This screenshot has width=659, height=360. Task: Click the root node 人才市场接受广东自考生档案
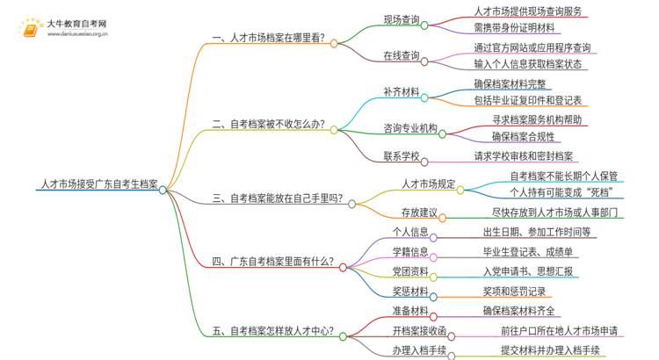[x=98, y=185]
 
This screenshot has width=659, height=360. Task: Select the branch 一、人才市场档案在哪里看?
[x=268, y=39]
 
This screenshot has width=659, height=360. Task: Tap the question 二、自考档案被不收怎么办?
[x=268, y=125]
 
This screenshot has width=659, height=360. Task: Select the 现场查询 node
[x=401, y=20]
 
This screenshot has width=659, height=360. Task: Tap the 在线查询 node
[x=401, y=56]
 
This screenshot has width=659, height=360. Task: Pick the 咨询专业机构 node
[x=410, y=128]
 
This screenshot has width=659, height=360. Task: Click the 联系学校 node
[x=402, y=156]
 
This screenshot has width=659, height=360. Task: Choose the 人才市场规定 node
[x=427, y=184]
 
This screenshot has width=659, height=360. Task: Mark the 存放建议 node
[x=418, y=213]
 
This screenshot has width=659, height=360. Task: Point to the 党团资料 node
[x=409, y=271]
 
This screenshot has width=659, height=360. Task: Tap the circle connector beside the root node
[x=163, y=190]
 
